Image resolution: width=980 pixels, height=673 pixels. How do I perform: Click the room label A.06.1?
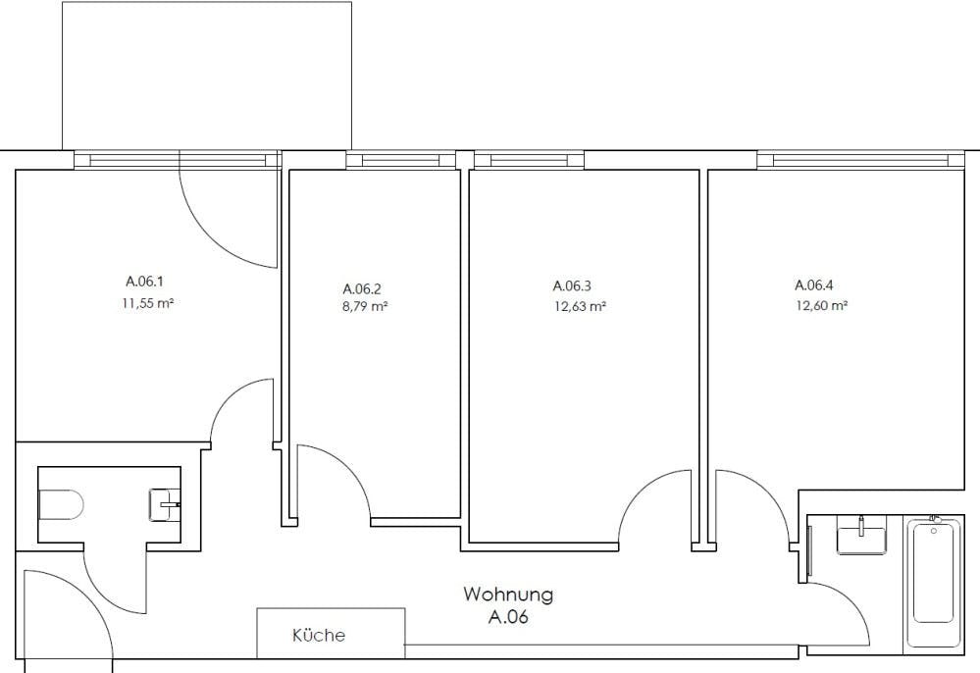point(144,282)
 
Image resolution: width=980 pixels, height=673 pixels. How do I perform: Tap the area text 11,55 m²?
point(147,304)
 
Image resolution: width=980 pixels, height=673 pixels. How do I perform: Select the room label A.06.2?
point(362,288)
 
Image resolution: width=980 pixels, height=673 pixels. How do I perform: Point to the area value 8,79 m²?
point(365,307)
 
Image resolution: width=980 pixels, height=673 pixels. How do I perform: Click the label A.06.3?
point(572,285)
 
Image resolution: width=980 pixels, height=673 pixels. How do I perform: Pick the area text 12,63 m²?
point(580,306)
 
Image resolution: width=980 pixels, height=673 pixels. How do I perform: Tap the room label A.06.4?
point(814,285)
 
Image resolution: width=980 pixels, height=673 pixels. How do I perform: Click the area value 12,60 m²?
point(821,305)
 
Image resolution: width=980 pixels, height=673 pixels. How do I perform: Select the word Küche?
point(319,635)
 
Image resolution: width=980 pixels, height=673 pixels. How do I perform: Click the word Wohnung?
point(508,594)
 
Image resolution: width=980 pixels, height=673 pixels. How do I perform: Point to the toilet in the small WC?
point(61,505)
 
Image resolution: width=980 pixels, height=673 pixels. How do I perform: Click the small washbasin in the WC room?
point(165,505)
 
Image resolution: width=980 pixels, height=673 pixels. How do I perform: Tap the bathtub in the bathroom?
point(934,572)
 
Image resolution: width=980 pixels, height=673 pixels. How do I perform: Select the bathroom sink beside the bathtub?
point(862,539)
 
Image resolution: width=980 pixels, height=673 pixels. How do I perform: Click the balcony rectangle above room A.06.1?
point(207,76)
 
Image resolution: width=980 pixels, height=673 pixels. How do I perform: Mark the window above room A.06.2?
point(401,160)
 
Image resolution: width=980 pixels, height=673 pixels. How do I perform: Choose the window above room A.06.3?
point(530,160)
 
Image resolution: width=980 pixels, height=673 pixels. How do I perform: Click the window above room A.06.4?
point(860,160)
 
